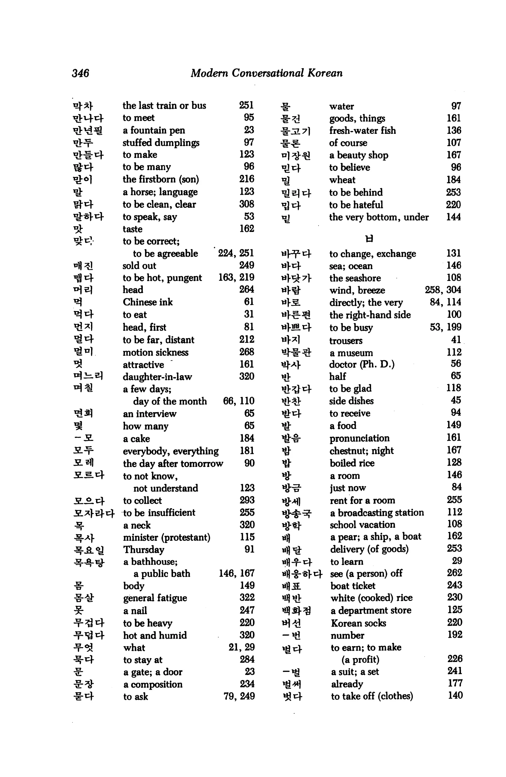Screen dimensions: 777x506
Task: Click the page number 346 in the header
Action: pyautogui.click(x=80, y=73)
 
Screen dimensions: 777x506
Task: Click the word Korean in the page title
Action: pyautogui.click(x=325, y=73)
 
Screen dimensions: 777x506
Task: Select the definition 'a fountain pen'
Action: pyautogui.click(x=154, y=130)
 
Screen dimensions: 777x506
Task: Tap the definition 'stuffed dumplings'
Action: pyautogui.click(x=161, y=143)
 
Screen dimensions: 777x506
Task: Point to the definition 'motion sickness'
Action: pyautogui.click(x=155, y=352)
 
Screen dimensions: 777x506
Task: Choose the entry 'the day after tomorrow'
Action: pyautogui.click(x=173, y=463)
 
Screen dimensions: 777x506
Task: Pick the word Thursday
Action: pyautogui.click(x=144, y=549)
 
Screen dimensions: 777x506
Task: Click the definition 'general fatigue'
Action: pyautogui.click(x=155, y=598)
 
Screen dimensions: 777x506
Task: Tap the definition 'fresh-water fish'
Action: pyautogui.click(x=362, y=131)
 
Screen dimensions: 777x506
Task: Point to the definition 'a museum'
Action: pyautogui.click(x=351, y=353)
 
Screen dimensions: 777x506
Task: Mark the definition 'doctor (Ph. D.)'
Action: pyautogui.click(x=361, y=364)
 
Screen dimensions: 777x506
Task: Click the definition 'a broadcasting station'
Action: pyautogui.click(x=377, y=513)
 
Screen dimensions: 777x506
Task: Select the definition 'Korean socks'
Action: pyautogui.click(x=358, y=623)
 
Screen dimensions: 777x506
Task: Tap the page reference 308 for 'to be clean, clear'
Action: pyautogui.click(x=247, y=204)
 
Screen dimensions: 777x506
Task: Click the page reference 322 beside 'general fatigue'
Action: pyautogui.click(x=247, y=598)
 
